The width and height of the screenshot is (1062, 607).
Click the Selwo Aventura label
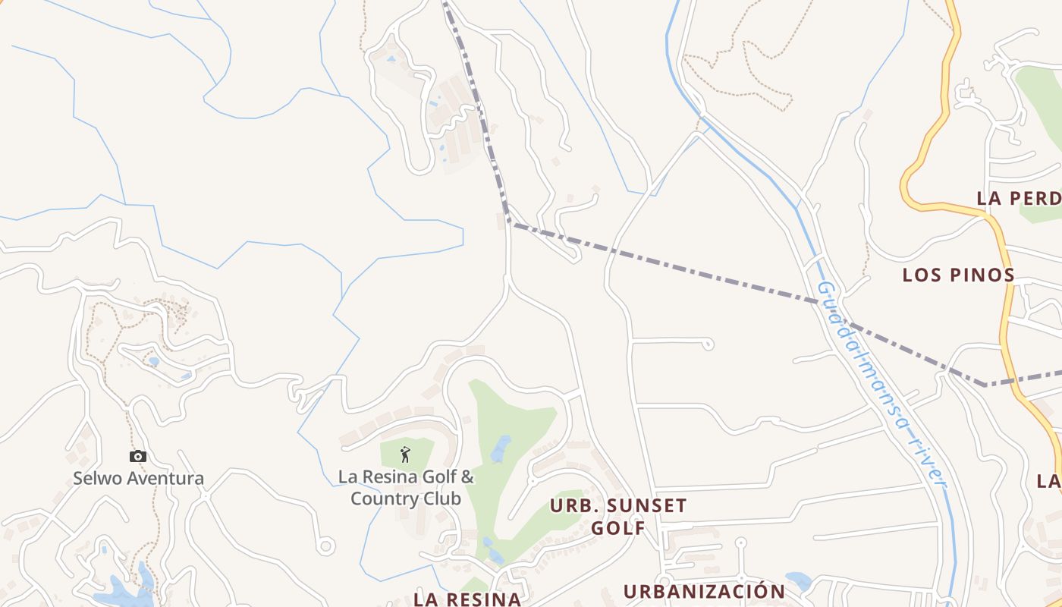click(138, 479)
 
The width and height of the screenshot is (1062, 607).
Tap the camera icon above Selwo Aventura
click(137, 456)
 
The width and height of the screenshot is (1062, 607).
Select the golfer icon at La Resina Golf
click(405, 454)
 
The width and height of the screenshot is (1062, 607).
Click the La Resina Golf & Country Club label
click(406, 488)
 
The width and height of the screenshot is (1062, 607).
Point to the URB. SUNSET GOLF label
click(618, 516)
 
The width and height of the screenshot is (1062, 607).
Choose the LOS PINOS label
click(958, 275)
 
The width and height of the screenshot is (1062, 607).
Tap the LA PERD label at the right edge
click(1018, 199)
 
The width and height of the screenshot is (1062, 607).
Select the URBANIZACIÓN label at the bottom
click(704, 591)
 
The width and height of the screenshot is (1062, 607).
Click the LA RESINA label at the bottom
click(467, 599)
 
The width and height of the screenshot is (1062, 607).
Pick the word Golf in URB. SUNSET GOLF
click(618, 527)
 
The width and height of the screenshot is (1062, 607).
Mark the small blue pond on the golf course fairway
click(500, 449)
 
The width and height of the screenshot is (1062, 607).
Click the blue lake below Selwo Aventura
click(125, 590)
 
